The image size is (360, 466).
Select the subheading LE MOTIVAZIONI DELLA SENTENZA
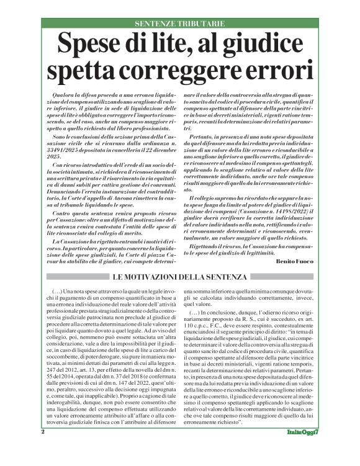[x=180, y=277]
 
